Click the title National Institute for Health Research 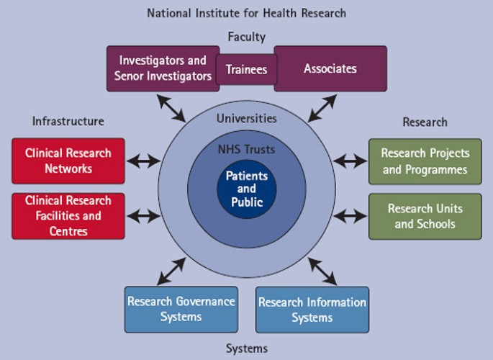[246, 13]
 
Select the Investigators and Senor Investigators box [162, 68]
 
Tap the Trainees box [246, 69]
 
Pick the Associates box [330, 68]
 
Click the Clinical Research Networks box [68, 161]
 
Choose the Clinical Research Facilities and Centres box [68, 215]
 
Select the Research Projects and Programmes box [425, 161]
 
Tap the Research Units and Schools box [425, 215]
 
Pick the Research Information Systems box [312, 310]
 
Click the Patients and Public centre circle [246, 189]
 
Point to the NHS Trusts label [246, 150]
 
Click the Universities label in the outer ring [246, 118]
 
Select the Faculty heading [246, 37]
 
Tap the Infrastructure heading [68, 121]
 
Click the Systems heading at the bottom [246, 348]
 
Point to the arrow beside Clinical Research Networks [143, 161]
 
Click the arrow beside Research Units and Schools [350, 215]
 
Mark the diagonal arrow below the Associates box [322, 107]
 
